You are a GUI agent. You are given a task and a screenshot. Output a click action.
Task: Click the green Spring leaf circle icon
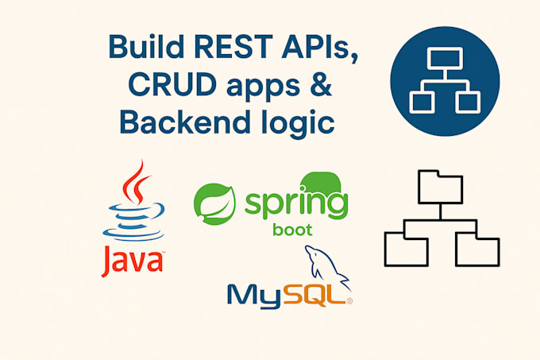(x=215, y=203)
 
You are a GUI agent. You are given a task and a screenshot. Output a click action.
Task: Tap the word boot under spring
(x=292, y=230)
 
